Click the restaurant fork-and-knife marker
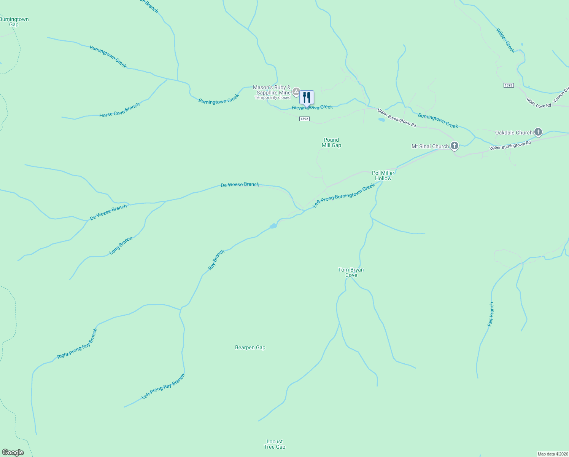coord(307,97)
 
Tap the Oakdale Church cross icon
coord(538,132)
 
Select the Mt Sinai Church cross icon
coord(454,145)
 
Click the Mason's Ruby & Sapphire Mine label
coord(272,90)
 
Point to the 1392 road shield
coord(304,119)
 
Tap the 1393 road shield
coord(509,85)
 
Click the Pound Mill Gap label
coord(331,142)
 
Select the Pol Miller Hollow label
coord(383,176)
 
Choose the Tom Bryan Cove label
coord(351,272)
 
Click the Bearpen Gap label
coord(250,347)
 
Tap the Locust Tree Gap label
coord(275,444)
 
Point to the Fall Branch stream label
coord(491,314)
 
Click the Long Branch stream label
coord(121,245)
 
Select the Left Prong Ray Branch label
coord(163,387)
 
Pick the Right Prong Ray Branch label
coord(77,344)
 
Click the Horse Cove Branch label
coord(119,110)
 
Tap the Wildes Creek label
coord(505,40)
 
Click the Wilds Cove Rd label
coord(539,103)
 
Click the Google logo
coord(13,452)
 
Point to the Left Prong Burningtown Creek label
coord(343,195)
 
